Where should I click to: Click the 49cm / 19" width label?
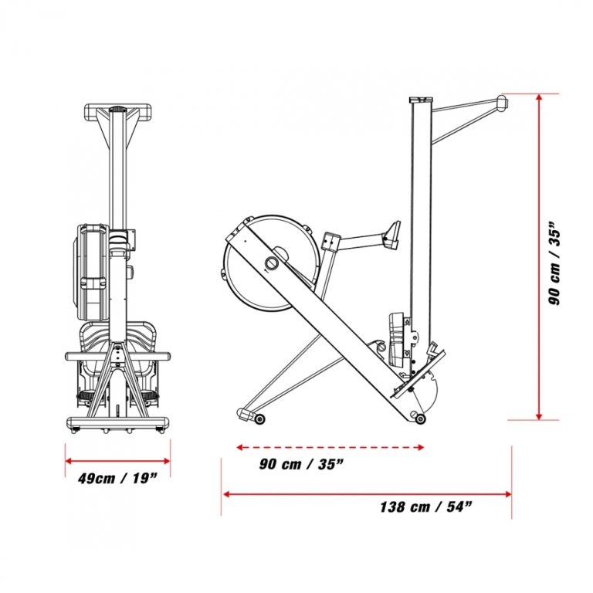click(117, 477)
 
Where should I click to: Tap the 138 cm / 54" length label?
click(425, 507)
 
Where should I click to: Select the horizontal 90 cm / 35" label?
click(301, 464)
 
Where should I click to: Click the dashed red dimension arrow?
click(330, 446)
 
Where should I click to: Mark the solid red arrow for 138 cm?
click(367, 493)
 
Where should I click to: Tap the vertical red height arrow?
click(538, 257)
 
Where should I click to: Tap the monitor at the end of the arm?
click(393, 232)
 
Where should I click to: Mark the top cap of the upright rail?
click(422, 99)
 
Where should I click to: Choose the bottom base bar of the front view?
click(117, 423)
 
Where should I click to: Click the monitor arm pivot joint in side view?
click(332, 242)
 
